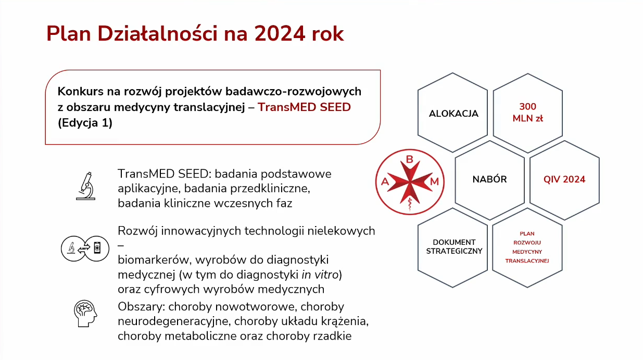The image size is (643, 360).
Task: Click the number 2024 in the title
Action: (280, 34)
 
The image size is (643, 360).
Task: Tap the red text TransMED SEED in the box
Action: (304, 107)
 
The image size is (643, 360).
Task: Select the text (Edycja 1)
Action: (85, 123)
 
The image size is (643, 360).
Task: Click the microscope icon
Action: (85, 186)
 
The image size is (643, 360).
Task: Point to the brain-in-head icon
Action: (85, 314)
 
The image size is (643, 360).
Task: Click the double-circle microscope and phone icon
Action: (85, 249)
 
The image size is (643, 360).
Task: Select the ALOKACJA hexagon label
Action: (453, 114)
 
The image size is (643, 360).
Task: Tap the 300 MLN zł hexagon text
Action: (527, 113)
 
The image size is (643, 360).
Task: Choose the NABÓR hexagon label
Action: (490, 179)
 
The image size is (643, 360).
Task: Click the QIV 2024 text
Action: (564, 180)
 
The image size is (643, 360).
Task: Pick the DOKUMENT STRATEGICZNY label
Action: (454, 247)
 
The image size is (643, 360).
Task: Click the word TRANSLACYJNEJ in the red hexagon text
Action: (527, 261)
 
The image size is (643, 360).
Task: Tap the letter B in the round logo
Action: (410, 159)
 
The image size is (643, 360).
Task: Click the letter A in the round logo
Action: (385, 182)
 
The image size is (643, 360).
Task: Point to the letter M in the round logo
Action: (435, 182)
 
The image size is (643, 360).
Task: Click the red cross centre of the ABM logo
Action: (410, 182)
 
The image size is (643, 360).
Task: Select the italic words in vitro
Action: (320, 275)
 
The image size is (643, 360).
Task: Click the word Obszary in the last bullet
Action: (141, 307)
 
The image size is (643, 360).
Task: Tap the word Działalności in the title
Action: (157, 34)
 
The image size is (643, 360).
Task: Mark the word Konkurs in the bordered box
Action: (80, 92)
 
